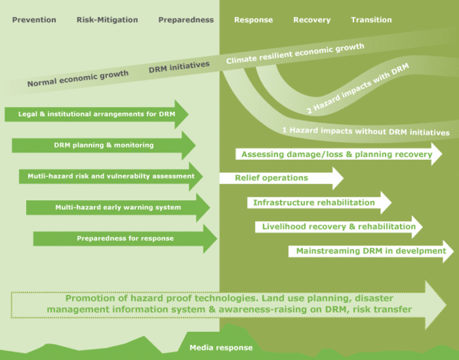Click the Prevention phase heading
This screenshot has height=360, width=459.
tap(34, 20)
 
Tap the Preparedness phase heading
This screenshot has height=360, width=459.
tap(186, 20)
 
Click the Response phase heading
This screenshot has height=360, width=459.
tap(253, 20)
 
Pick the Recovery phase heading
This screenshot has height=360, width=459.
tap(312, 20)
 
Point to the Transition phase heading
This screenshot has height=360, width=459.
tap(371, 20)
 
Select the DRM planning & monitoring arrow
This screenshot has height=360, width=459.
tap(103, 145)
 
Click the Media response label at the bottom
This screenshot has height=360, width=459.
tap(221, 348)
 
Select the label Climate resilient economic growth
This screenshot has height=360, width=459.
tap(295, 56)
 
